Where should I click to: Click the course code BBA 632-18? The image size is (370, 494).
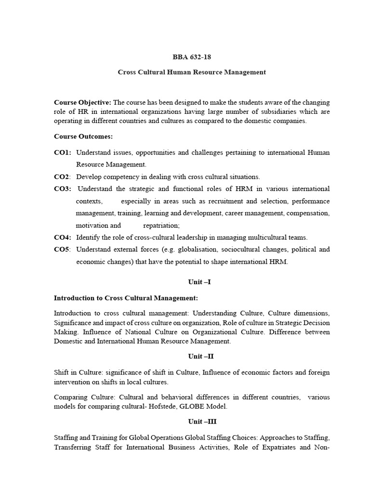192,57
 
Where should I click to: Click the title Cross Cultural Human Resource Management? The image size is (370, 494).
192,72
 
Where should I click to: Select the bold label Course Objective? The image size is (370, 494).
82,102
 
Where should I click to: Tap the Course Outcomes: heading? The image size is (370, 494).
83,137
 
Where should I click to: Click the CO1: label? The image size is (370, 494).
63,152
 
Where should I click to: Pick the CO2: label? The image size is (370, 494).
63,177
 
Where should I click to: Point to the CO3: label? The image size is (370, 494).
63,189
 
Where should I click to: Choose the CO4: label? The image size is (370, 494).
63,237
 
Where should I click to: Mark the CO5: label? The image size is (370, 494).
63,249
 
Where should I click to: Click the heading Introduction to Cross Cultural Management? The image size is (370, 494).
126,298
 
